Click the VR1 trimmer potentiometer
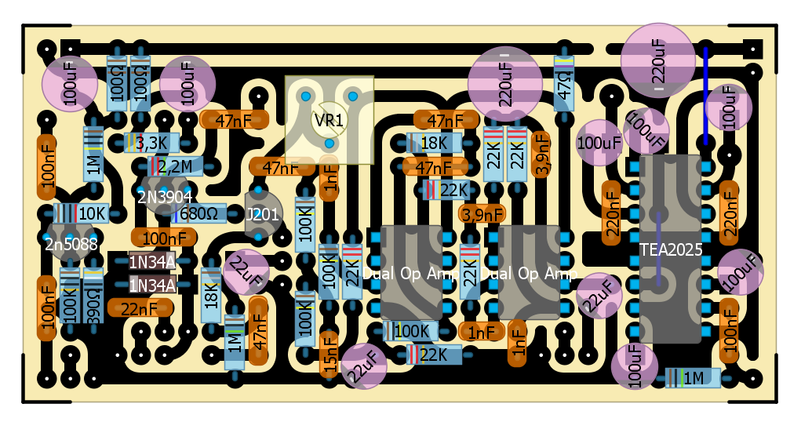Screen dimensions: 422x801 tap(329, 120)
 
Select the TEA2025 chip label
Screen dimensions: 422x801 tap(670, 249)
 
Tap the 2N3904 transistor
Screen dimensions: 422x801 tap(164, 196)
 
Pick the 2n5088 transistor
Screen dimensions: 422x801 tap(71, 244)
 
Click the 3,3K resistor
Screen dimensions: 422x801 tap(151, 143)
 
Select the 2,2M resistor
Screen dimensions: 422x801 tap(174, 166)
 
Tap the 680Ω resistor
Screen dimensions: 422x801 tap(191, 213)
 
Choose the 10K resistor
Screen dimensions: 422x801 tap(82, 213)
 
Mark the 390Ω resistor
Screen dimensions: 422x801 tap(93, 296)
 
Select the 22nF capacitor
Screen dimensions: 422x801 tap(140, 308)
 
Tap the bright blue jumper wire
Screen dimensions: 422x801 tap(705, 96)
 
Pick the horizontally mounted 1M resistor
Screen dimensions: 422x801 tap(693, 378)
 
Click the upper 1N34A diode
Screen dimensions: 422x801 tap(151, 261)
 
